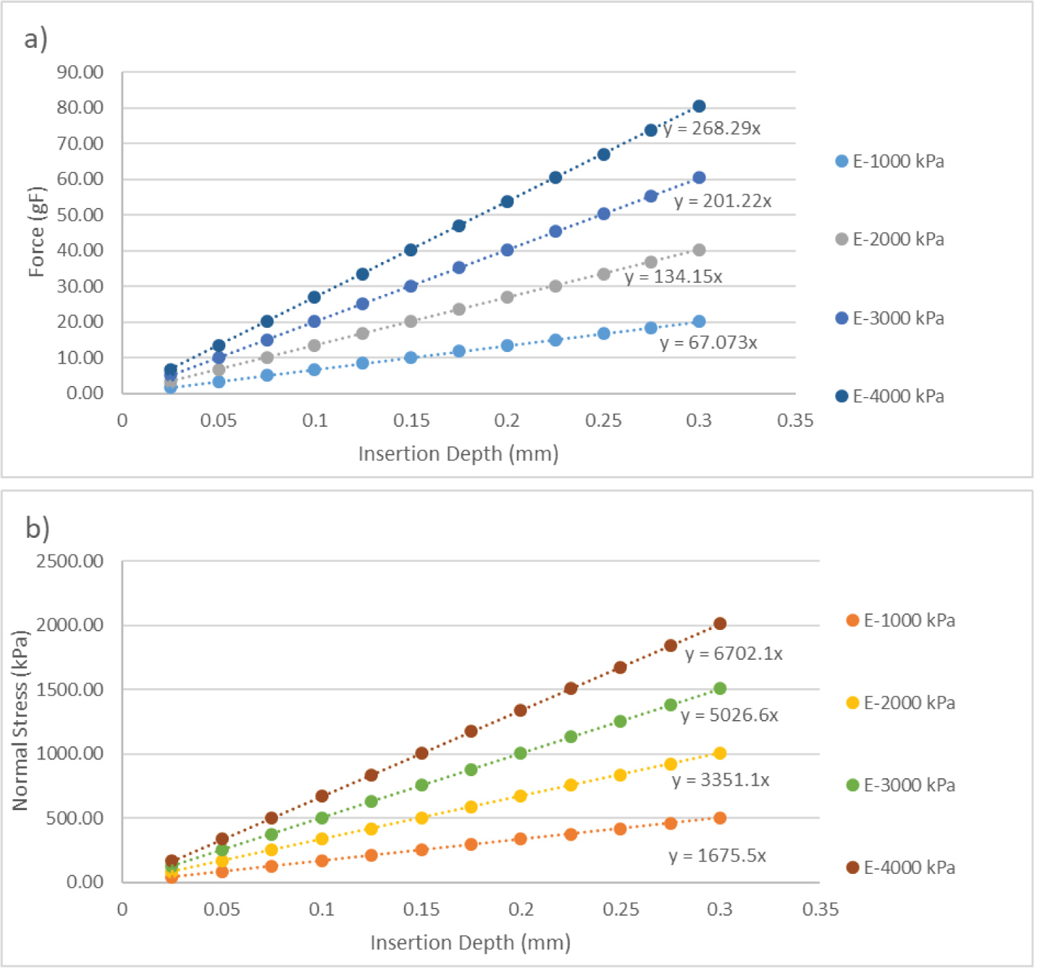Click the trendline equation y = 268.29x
pyautogui.click(x=712, y=129)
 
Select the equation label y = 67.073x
pyautogui.click(x=709, y=343)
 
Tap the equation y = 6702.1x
pyautogui.click(x=734, y=654)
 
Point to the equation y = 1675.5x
pyautogui.click(x=718, y=856)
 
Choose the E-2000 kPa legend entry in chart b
pyautogui.click(x=902, y=703)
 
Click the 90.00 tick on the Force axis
pyautogui.click(x=80, y=73)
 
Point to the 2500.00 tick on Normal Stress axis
pyautogui.click(x=70, y=561)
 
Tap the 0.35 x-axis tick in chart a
pyautogui.click(x=795, y=421)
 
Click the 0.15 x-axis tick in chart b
pyautogui.click(x=421, y=909)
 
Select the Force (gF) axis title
pyautogui.click(x=37, y=231)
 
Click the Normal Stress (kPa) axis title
pyautogui.click(x=20, y=721)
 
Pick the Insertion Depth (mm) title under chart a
pyautogui.click(x=459, y=454)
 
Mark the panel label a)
pyautogui.click(x=36, y=39)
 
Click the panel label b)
pyautogui.click(x=37, y=528)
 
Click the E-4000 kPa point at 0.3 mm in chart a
pyautogui.click(x=699, y=106)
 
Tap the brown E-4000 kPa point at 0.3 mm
pyautogui.click(x=720, y=624)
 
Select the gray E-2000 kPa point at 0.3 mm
pyautogui.click(x=699, y=250)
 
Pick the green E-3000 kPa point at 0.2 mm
pyautogui.click(x=520, y=753)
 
